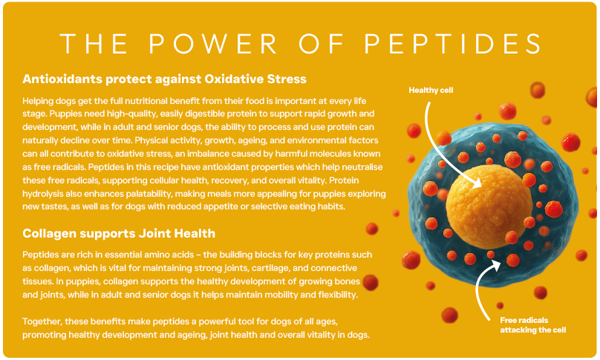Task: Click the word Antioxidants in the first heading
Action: click(x=61, y=78)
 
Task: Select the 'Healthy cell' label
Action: click(x=431, y=91)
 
